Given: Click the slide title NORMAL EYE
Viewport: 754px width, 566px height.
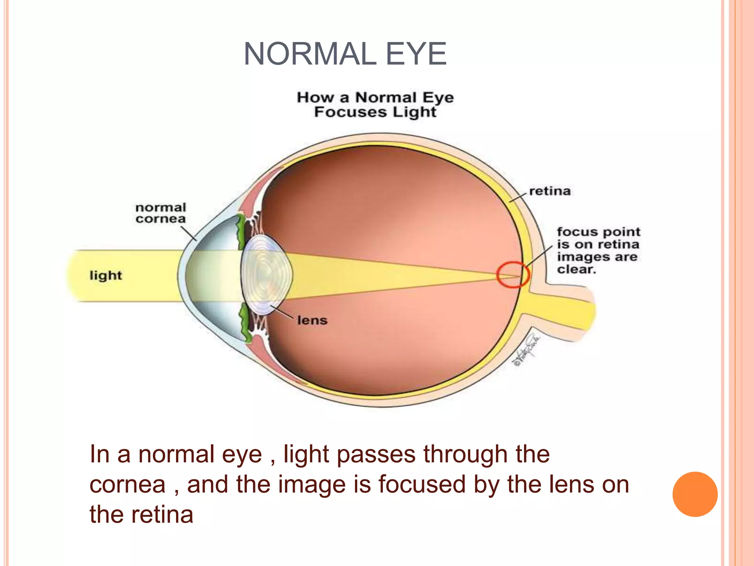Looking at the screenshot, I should point(345,55).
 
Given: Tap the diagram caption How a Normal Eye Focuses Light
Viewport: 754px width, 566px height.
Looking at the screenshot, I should point(375,105).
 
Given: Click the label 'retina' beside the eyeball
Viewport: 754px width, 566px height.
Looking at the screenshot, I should point(550,191).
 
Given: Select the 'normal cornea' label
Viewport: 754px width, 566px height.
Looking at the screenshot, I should point(161,213).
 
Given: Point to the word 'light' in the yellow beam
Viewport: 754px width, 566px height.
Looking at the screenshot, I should point(106,275).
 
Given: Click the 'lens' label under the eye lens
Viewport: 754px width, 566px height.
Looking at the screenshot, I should point(312,320).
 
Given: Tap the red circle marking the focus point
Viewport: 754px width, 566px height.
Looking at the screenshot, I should point(513,275).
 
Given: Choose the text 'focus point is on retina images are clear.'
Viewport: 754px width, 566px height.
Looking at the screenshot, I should point(598,250).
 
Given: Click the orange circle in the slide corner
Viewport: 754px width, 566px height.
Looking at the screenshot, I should point(695,494).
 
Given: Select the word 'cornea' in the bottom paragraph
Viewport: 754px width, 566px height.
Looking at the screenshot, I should point(127,485).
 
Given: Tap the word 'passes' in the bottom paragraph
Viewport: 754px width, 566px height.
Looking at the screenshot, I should point(376,454).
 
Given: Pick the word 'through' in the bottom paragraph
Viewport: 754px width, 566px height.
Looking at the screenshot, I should point(465,454).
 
